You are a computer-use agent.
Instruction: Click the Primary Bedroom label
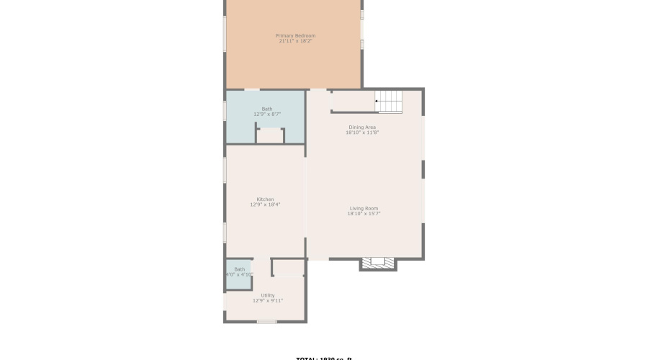click(295, 35)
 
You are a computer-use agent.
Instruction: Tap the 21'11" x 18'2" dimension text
click(295, 41)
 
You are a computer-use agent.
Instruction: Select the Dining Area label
click(362, 127)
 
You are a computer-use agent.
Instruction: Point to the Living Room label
click(364, 208)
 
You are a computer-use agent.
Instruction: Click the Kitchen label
click(265, 199)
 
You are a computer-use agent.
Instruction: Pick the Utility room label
click(268, 295)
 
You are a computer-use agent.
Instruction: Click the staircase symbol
click(390, 102)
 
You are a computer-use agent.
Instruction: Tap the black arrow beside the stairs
click(377, 102)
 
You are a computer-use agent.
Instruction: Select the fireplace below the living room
click(378, 264)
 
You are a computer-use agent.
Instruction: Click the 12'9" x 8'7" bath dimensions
click(267, 114)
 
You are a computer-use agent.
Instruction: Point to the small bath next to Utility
click(238, 274)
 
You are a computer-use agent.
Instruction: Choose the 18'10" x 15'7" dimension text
click(364, 214)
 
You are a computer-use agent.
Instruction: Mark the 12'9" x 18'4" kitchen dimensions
click(265, 205)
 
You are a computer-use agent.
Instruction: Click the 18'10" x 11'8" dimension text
click(362, 132)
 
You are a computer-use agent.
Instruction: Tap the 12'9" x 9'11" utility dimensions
click(268, 301)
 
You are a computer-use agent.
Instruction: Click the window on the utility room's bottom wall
click(266, 321)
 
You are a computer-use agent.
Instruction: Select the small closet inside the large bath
click(271, 136)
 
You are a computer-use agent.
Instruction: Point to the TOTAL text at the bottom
click(323, 358)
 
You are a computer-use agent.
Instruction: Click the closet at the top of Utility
click(289, 268)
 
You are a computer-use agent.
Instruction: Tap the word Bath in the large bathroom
click(267, 109)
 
